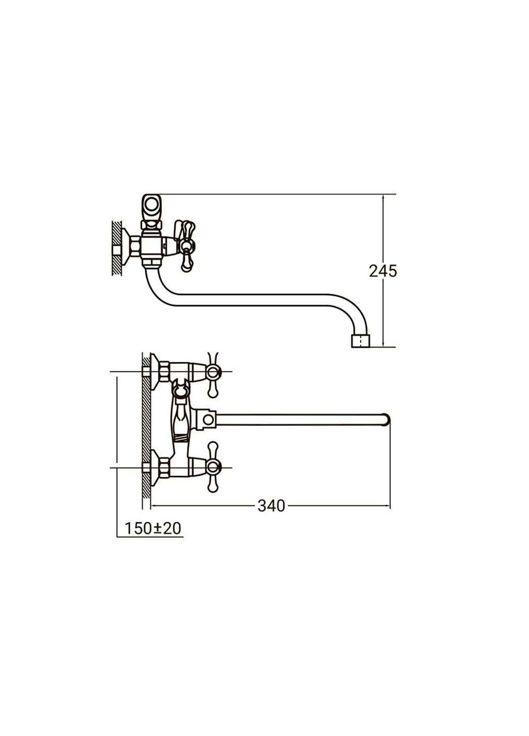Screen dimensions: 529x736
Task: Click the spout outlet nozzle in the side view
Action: click(x=361, y=341)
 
